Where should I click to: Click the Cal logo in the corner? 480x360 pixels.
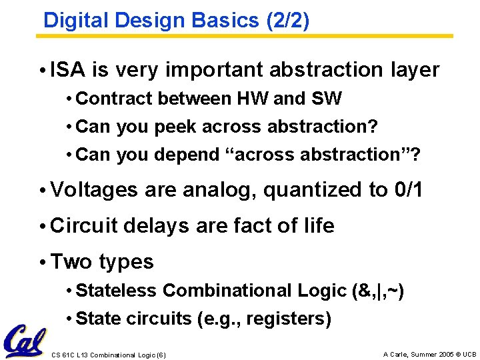pos(25,340)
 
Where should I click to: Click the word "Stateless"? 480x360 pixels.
pos(117,291)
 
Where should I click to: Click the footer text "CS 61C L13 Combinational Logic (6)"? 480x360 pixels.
pos(109,354)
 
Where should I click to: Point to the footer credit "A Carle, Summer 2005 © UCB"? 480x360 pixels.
pos(429,353)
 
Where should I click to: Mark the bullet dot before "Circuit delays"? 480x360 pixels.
pos(42,227)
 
